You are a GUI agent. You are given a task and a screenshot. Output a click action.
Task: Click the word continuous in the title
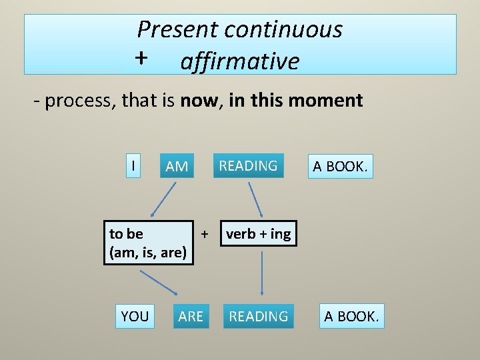[x=283, y=29]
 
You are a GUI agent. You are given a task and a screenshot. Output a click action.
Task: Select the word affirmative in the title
[x=239, y=61]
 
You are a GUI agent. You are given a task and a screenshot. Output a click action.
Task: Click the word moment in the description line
[x=330, y=101]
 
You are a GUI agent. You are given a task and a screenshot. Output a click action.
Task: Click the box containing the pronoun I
[x=135, y=165]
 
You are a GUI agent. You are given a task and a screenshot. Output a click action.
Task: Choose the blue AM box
[x=177, y=166]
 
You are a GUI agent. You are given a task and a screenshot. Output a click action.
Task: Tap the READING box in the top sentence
[x=248, y=165]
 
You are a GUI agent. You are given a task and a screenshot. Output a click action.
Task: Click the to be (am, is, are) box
[x=148, y=243]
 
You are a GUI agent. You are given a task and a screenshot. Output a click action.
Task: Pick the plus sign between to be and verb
[x=205, y=233]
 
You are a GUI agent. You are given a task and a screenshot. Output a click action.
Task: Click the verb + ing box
[x=259, y=234]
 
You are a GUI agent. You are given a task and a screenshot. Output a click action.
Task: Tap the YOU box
[x=135, y=316]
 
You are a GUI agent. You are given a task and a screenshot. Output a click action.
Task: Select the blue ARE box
[x=191, y=316]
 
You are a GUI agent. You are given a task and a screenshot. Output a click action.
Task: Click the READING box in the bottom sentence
[x=259, y=316]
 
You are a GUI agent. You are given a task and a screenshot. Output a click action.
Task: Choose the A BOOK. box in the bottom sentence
[x=351, y=316]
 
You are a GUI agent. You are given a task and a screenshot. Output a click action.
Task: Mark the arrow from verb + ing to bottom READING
[x=262, y=273]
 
